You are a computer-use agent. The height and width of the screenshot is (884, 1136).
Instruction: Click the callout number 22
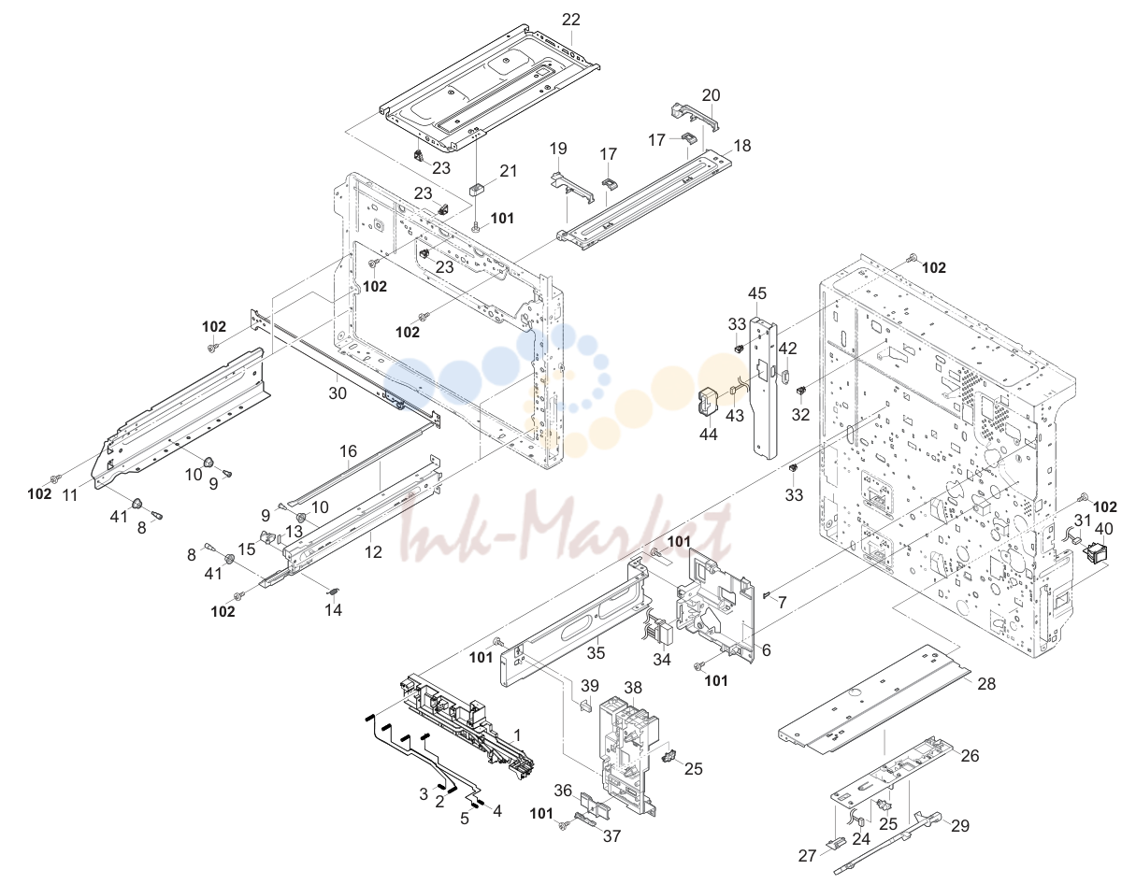(x=571, y=20)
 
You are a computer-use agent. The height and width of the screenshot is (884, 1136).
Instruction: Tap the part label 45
(x=757, y=293)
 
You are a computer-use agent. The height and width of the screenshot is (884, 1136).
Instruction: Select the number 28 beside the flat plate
(x=986, y=683)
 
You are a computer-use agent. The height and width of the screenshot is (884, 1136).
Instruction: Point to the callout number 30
(x=338, y=392)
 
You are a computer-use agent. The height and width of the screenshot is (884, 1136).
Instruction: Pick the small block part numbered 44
(x=710, y=403)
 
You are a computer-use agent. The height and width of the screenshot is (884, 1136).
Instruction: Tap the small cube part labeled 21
(x=478, y=189)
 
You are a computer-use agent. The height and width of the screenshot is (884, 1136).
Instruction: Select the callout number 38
(x=633, y=688)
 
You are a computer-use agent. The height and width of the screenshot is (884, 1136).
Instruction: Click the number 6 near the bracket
(x=767, y=650)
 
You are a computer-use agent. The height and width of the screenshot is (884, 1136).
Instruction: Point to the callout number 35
(x=596, y=653)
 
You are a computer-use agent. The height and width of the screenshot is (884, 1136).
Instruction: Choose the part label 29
(x=960, y=826)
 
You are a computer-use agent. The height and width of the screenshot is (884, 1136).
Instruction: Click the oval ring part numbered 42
(x=785, y=377)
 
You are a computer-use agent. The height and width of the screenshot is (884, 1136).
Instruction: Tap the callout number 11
(x=69, y=495)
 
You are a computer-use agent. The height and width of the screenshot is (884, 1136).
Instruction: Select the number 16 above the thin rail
(x=348, y=451)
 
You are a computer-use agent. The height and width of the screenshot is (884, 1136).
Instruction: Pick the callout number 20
(x=711, y=95)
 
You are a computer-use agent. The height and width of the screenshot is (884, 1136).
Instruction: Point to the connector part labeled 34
(x=657, y=631)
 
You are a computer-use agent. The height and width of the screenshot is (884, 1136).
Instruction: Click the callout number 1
(x=517, y=735)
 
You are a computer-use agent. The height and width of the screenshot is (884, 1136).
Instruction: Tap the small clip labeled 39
(x=585, y=706)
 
